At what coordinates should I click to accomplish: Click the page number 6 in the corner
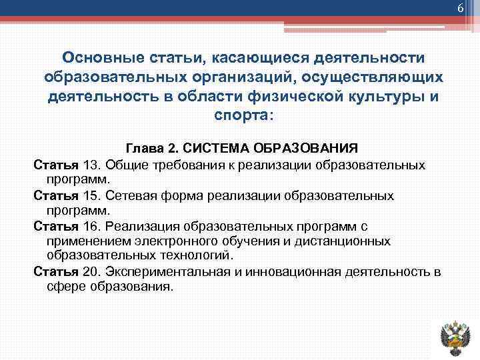pyautogui.click(x=459, y=7)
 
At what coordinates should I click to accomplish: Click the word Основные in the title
pyautogui.click(x=97, y=59)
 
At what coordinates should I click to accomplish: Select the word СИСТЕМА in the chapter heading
pyautogui.click(x=215, y=147)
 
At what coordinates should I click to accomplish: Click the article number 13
pyautogui.click(x=91, y=164)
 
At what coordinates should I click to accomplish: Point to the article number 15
pyautogui.click(x=91, y=196)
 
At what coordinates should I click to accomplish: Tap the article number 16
pyautogui.click(x=91, y=227)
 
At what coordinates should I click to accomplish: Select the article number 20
pyautogui.click(x=91, y=272)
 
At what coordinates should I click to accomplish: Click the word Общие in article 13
pyautogui.click(x=125, y=164)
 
